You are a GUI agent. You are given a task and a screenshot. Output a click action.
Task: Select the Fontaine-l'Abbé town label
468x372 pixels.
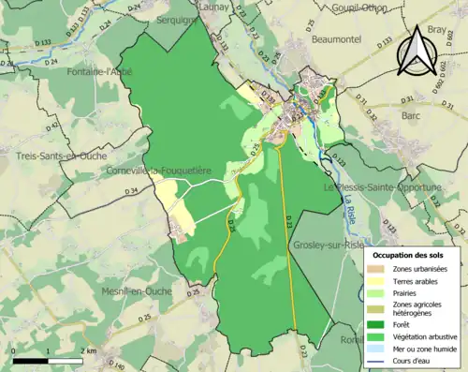[100, 71]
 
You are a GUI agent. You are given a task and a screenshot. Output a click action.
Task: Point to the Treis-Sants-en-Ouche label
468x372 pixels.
[58, 156]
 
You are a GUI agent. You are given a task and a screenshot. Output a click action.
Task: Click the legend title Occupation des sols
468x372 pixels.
[410, 255]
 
